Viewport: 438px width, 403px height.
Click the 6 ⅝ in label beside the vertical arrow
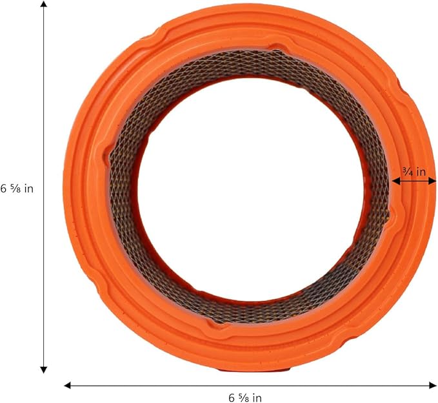coord(17,189)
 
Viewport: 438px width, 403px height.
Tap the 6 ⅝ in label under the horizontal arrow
coord(245,397)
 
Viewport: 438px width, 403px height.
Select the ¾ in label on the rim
coord(414,172)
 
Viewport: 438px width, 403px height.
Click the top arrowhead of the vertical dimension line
coord(44,4)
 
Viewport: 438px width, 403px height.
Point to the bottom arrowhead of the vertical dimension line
coord(44,369)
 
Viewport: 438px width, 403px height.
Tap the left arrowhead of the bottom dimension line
coord(68,386)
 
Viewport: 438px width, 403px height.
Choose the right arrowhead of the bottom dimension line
coord(433,386)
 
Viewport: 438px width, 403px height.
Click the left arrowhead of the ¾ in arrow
coord(396,181)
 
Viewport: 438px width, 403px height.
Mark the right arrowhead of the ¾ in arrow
coord(432,181)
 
